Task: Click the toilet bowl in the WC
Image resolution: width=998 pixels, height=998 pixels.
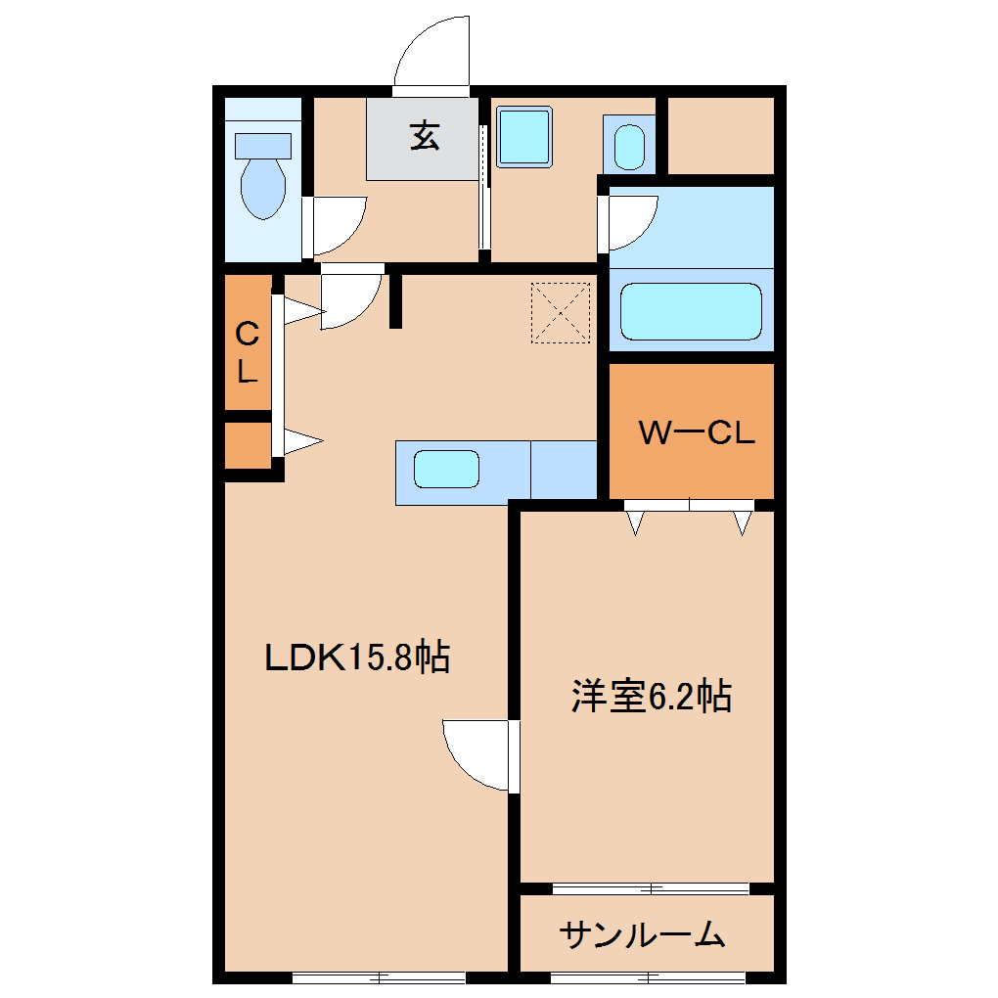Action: [x=263, y=188]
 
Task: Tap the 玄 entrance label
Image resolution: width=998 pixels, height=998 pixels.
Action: [x=424, y=135]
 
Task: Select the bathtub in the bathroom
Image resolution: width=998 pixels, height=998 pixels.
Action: [x=691, y=312]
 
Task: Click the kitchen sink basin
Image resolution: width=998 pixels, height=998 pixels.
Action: [x=446, y=470]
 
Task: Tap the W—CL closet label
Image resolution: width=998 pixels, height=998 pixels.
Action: [x=697, y=433]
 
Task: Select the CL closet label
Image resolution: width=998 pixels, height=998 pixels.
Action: [x=248, y=353]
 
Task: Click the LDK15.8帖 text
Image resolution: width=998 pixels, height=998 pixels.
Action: [x=358, y=657]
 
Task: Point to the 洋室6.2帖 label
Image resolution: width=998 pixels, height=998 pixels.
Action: [x=652, y=697]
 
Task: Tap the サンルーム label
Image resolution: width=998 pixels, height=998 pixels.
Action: [x=643, y=936]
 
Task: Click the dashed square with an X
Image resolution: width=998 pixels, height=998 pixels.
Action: [x=561, y=313]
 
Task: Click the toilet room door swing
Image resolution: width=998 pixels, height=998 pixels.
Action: [x=339, y=224]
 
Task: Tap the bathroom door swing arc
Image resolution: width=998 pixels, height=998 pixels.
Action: [x=632, y=221]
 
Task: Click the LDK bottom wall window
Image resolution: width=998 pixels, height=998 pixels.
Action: [x=378, y=976]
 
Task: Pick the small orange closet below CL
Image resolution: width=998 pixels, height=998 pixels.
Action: [x=247, y=446]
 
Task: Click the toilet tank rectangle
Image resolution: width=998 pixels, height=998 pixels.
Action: [x=263, y=146]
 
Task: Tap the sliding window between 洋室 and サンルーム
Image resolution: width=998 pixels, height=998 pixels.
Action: [x=651, y=888]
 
